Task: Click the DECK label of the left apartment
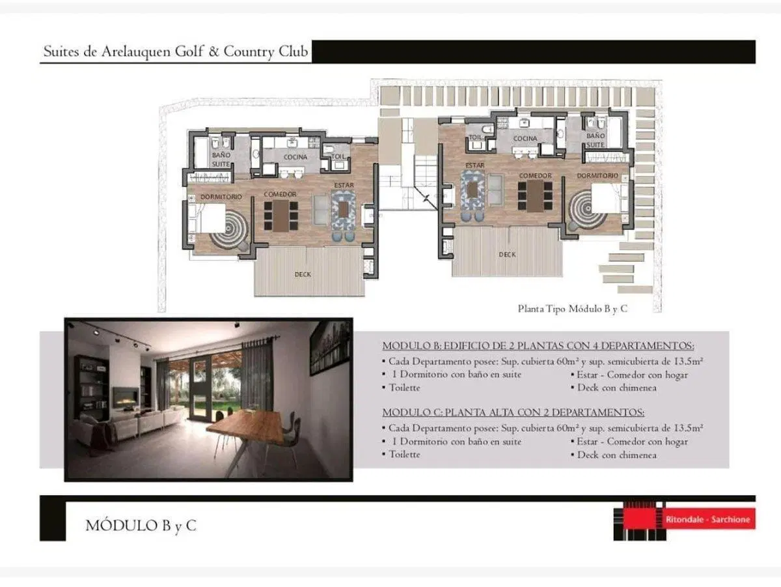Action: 303,275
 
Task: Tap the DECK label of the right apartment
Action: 507,255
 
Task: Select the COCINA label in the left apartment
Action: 295,157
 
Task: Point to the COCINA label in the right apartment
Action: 525,139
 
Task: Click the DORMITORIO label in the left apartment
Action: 221,197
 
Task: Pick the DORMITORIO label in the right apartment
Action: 597,176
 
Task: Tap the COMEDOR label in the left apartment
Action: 280,194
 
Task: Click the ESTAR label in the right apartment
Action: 475,165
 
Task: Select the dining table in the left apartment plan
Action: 281,216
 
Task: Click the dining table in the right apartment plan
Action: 535,197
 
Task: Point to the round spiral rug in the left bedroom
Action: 229,230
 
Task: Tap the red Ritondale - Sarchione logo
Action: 707,519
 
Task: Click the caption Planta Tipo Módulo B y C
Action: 572,309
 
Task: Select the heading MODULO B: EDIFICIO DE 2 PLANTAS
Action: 538,346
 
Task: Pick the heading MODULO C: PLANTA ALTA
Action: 513,412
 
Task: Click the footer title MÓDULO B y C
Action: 141,526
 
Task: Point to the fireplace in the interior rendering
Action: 126,396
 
